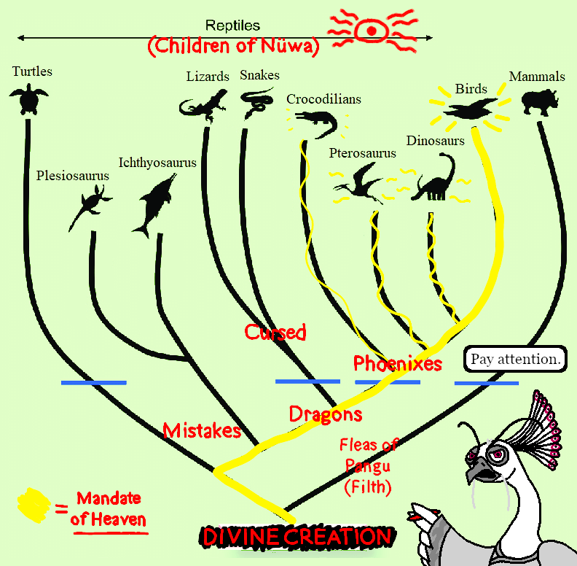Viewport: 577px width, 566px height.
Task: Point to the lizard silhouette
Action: click(x=205, y=104)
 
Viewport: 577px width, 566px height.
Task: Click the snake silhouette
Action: click(x=254, y=102)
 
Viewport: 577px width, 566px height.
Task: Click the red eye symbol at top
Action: click(x=372, y=31)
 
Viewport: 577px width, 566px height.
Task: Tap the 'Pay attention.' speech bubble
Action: click(x=515, y=359)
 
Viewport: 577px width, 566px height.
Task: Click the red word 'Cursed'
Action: click(x=275, y=332)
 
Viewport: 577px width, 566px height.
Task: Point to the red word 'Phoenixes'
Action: click(x=397, y=363)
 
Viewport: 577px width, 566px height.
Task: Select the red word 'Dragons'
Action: click(x=326, y=414)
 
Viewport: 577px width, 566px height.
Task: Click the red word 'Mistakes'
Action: click(x=202, y=430)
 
